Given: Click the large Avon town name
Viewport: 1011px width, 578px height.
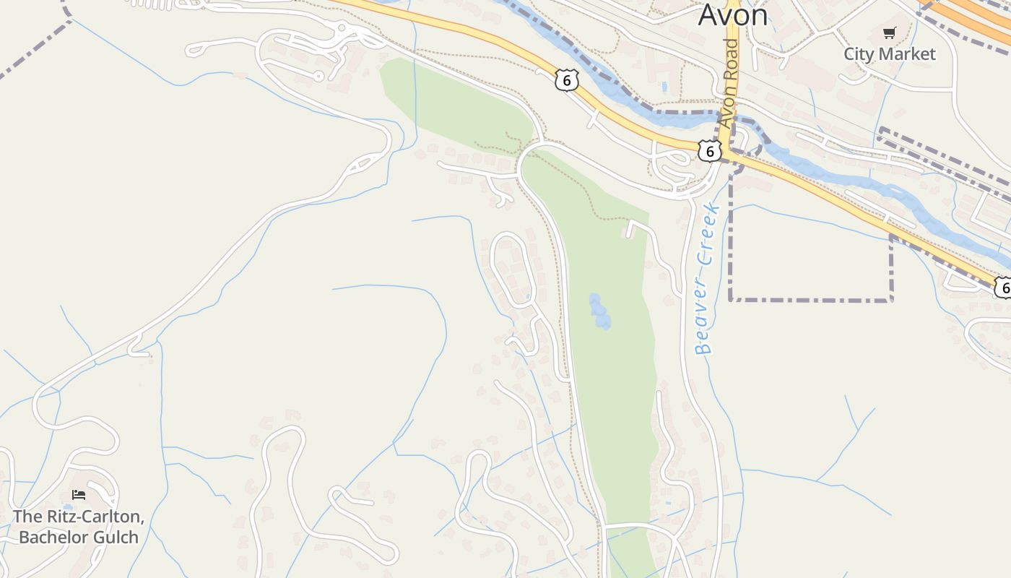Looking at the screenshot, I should tap(732, 14).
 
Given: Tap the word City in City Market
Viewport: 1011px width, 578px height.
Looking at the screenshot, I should tap(859, 54).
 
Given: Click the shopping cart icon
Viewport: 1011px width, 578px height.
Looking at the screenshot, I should tap(889, 33).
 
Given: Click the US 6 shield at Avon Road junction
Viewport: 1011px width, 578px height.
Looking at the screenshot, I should tap(710, 151).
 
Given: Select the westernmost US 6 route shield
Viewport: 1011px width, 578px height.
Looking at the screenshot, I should tap(567, 81).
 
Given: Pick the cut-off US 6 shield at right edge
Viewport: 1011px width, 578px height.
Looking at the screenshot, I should tap(1003, 287).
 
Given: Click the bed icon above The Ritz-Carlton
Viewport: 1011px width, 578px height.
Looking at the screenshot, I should tap(79, 495).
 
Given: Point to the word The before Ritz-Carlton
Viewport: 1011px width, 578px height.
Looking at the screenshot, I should tap(28, 517).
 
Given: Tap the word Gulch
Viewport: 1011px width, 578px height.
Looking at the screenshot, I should tap(116, 537).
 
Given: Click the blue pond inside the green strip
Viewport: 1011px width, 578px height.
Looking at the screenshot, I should tap(599, 311).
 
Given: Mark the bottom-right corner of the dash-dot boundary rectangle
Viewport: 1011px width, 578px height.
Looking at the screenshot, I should tap(892, 299).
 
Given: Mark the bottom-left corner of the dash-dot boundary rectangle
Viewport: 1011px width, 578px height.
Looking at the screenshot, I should tap(732, 298).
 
